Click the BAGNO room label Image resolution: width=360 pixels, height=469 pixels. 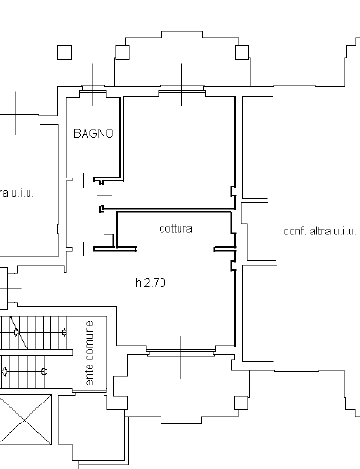coord(93,133)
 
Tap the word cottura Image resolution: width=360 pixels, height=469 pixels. coord(176,229)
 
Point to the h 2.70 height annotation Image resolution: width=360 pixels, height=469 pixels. coord(150,282)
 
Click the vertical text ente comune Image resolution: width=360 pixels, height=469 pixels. coord(89,353)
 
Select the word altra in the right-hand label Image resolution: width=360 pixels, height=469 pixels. coord(320,232)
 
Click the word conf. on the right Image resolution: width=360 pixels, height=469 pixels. coord(295,232)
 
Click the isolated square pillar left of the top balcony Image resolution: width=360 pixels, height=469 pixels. coord(65,52)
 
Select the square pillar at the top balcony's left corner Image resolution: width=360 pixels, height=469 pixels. coord(123,52)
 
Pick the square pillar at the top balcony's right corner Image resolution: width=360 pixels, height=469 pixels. coord(241,52)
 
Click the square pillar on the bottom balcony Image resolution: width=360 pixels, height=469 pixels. coord(240,403)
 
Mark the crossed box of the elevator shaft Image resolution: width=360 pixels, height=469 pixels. coord(26,420)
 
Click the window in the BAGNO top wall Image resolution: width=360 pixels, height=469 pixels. coord(93,89)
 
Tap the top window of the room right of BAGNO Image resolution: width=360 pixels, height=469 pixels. coord(181,89)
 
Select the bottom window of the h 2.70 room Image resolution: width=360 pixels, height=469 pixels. coord(181,352)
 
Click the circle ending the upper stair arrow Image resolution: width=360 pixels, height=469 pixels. coord(65,332)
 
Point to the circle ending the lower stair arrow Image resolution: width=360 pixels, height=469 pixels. coord(45,371)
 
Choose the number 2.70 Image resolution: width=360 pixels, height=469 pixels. coord(155,282)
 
